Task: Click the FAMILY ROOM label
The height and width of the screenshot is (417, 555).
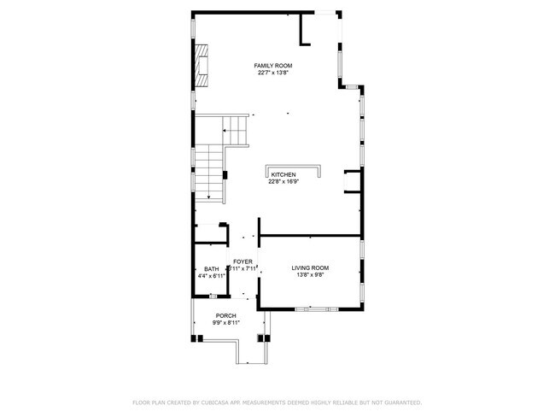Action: click(x=272, y=66)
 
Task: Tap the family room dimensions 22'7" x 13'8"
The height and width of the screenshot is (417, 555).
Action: click(x=272, y=73)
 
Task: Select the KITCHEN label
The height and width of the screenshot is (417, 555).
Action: click(x=283, y=174)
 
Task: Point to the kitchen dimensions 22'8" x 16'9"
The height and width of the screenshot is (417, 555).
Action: click(x=283, y=181)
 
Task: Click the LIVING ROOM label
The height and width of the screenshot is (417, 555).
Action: click(x=310, y=267)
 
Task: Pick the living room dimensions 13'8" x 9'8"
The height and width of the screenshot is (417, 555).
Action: click(x=310, y=275)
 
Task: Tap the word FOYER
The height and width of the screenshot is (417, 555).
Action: click(x=243, y=261)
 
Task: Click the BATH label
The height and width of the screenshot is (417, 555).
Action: click(x=211, y=269)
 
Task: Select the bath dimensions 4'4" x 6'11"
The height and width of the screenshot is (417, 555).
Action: click(x=211, y=276)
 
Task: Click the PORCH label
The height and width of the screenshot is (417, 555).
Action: click(x=225, y=315)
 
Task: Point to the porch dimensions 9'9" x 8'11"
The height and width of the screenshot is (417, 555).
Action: click(x=225, y=322)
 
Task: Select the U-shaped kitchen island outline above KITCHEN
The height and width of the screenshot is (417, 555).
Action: click(x=294, y=167)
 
